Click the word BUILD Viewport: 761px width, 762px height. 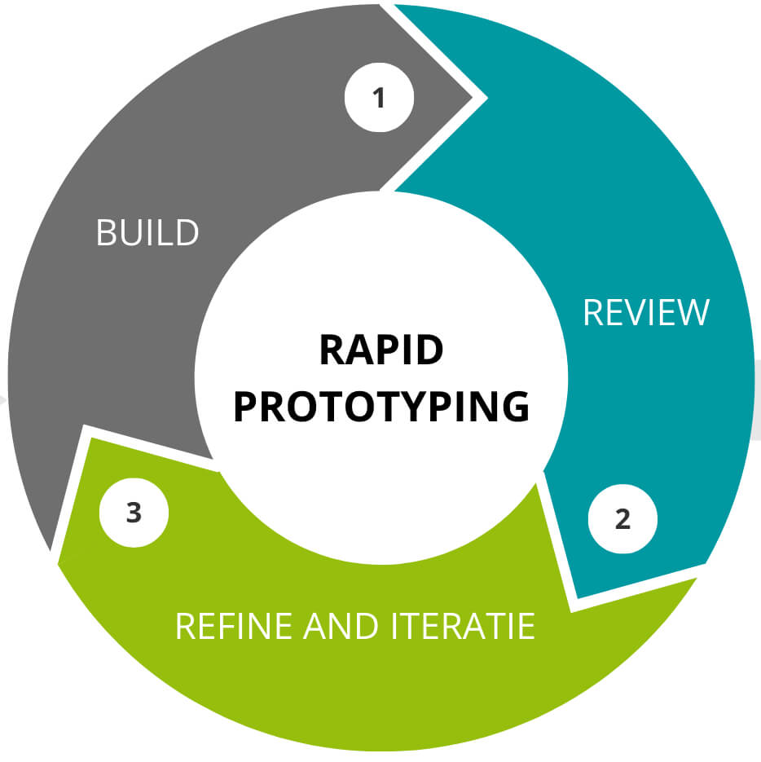coord(147,233)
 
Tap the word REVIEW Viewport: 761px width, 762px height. coord(646,313)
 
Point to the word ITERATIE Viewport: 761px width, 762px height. coord(456,626)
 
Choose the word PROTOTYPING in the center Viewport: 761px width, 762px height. coord(380,407)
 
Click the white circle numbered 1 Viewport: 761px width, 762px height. coord(379,98)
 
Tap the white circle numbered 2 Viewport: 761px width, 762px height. coord(622,519)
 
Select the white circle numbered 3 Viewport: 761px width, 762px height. coord(134,514)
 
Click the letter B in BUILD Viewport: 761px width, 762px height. coord(105,233)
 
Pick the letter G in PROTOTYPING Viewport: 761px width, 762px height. coord(513,407)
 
